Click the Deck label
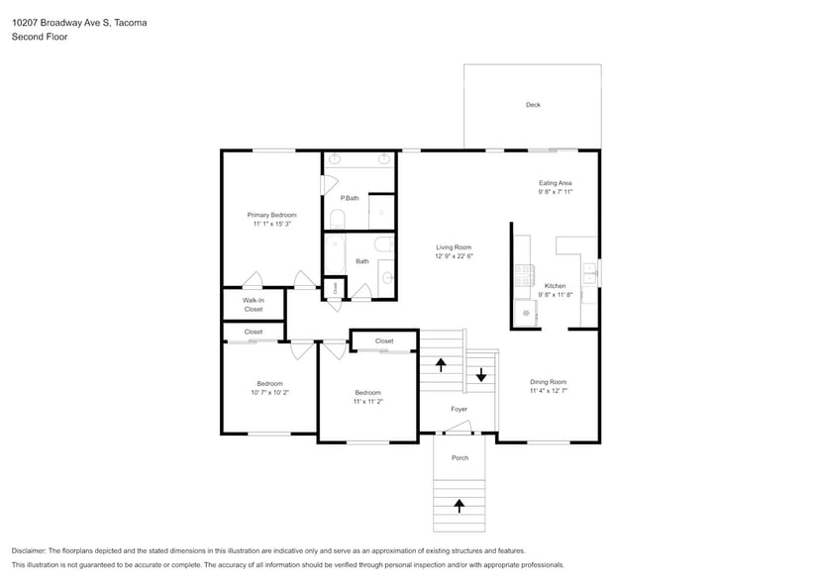533,105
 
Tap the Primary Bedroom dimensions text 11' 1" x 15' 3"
272,224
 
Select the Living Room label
454,247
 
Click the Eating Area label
555,183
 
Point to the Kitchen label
555,286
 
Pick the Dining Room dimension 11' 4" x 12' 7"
549,391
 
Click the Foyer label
459,409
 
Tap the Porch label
460,458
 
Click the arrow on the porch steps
460,506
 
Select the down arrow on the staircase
481,375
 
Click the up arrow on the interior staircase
441,364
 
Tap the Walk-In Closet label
253,305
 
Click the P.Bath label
350,198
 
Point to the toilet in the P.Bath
337,220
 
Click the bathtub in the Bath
335,254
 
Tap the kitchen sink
590,273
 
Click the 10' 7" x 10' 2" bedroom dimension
269,393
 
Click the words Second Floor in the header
40,37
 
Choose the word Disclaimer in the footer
29,551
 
